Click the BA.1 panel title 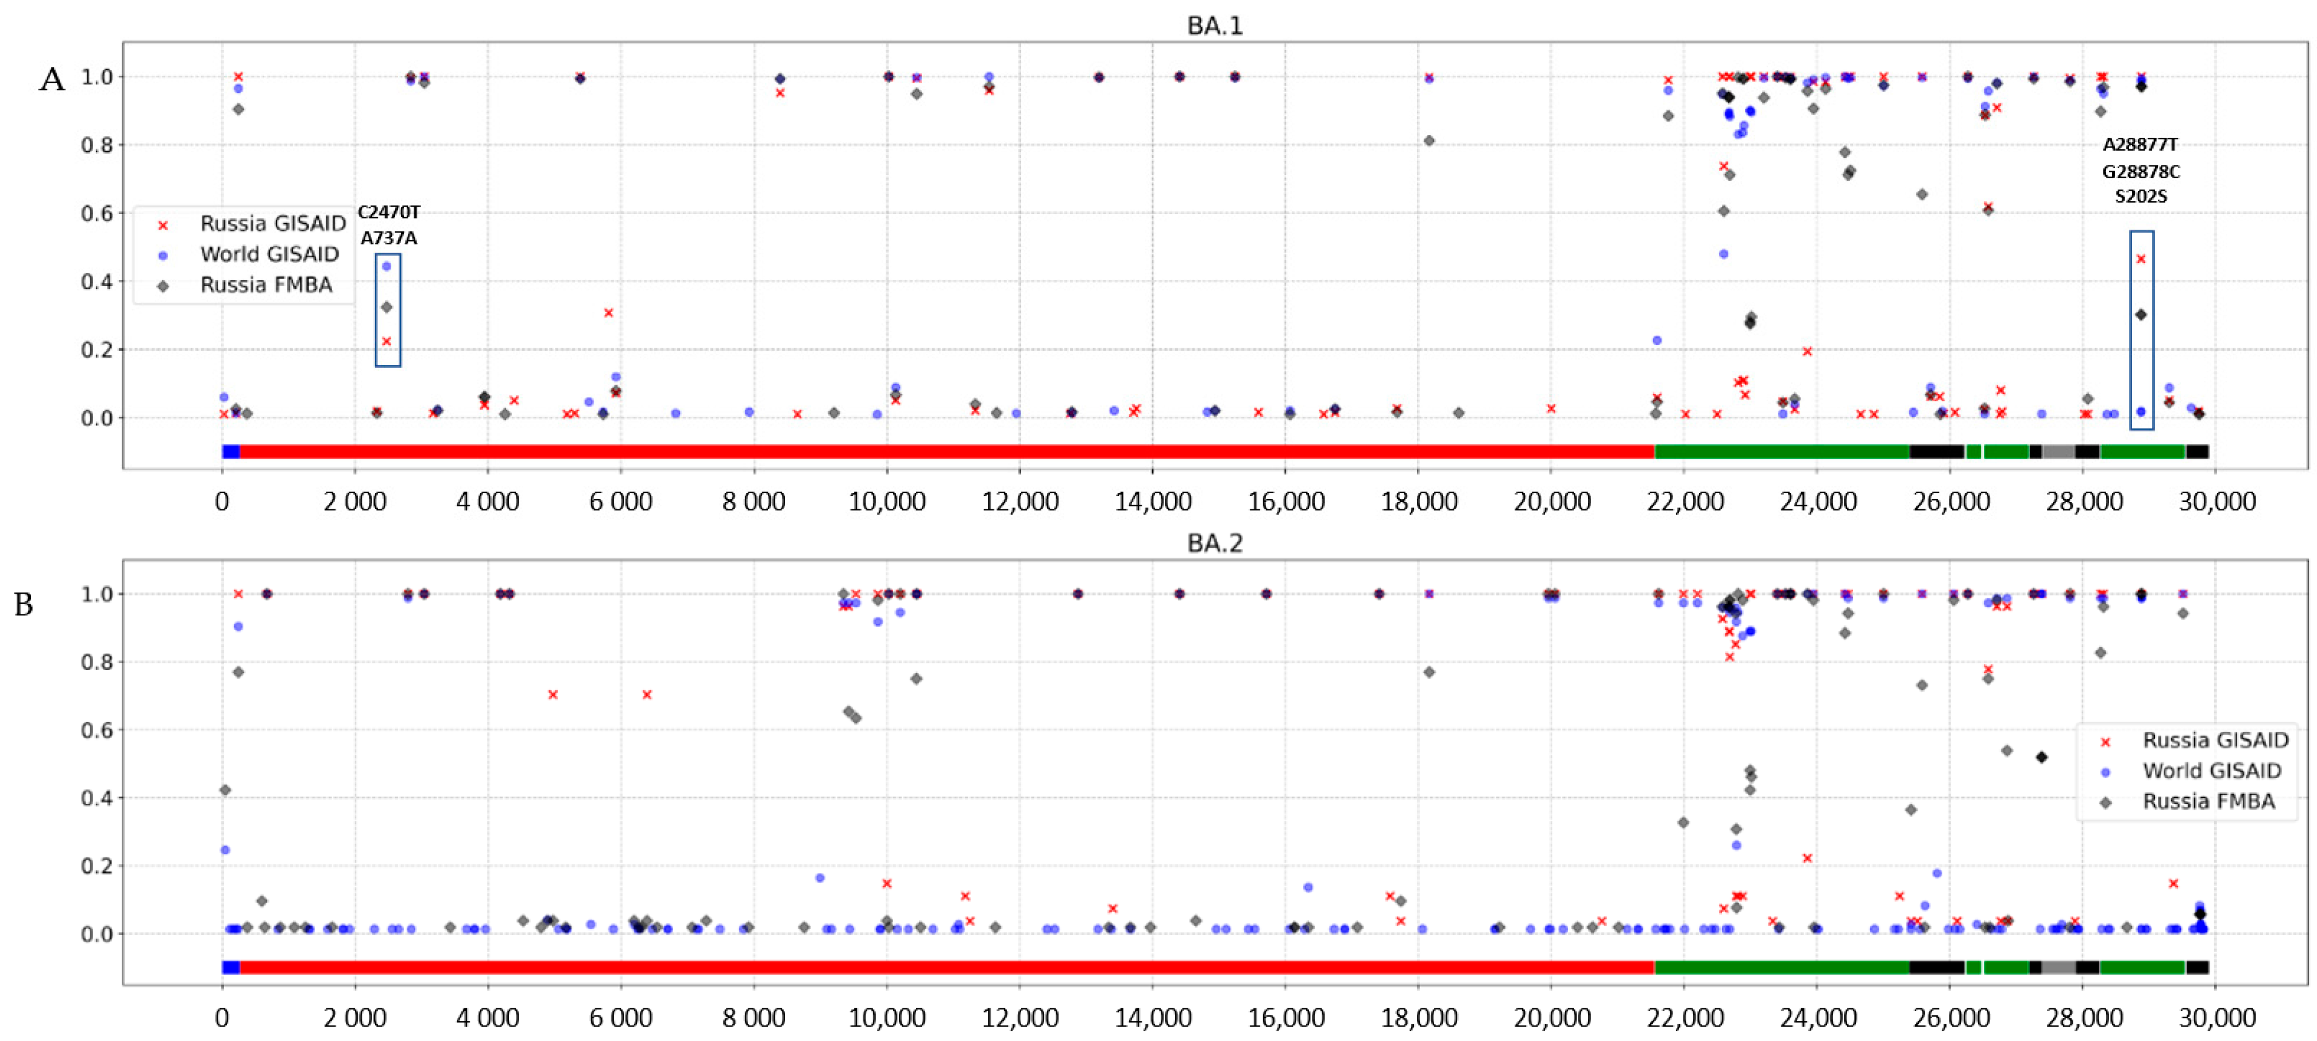(1214, 25)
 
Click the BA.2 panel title (1214, 543)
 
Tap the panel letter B (24, 604)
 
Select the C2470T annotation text (389, 212)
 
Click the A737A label (389, 238)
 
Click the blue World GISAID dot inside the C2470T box (387, 266)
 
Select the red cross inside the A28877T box (2141, 259)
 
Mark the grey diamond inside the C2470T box (387, 307)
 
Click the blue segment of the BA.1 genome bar (231, 451)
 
